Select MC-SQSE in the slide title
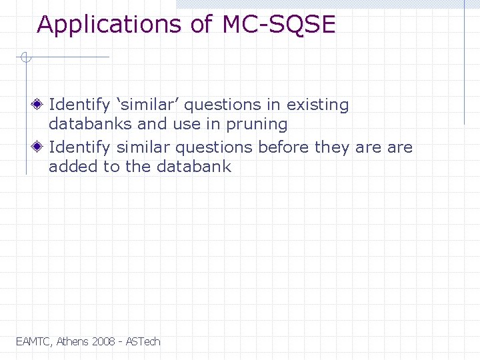279,25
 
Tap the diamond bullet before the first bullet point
41,105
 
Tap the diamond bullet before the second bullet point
41,147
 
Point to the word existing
317,105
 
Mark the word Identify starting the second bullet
79,147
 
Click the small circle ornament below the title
25,58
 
